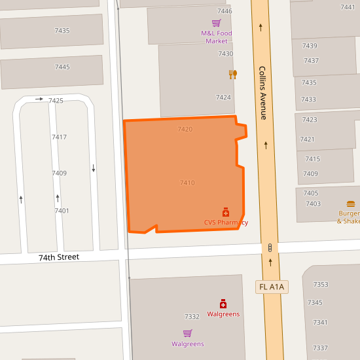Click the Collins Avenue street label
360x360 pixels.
pyautogui.click(x=262, y=92)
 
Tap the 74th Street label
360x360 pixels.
pyautogui.click(x=58, y=257)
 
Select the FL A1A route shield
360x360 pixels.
pyautogui.click(x=271, y=287)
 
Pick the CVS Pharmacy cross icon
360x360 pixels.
pyautogui.click(x=226, y=212)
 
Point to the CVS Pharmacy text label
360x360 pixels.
pyautogui.click(x=226, y=223)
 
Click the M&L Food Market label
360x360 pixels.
pyautogui.click(x=217, y=37)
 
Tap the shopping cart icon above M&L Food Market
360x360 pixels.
pyautogui.click(x=216, y=22)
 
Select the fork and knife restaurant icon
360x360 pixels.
pyautogui.click(x=233, y=75)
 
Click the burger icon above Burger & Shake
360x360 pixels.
pyautogui.click(x=351, y=204)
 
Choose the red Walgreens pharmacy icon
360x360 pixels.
pyautogui.click(x=223, y=304)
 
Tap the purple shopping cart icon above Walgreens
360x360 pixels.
pyautogui.click(x=188, y=333)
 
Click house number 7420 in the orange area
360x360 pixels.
pyautogui.click(x=185, y=130)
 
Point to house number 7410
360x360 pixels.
pyautogui.click(x=187, y=183)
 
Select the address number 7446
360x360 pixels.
pyautogui.click(x=225, y=11)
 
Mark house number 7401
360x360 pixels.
pyautogui.click(x=62, y=211)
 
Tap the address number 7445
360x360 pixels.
pyautogui.click(x=62, y=67)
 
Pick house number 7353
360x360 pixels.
pyautogui.click(x=321, y=285)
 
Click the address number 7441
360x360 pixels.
pyautogui.click(x=348, y=7)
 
